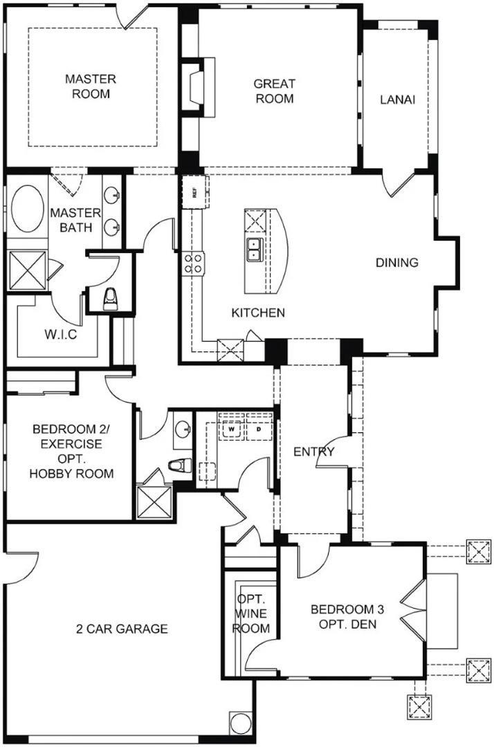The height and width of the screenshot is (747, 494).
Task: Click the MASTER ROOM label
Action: click(x=91, y=86)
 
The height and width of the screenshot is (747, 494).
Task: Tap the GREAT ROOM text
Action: click(x=274, y=91)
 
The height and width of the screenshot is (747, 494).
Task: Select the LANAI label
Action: click(x=397, y=100)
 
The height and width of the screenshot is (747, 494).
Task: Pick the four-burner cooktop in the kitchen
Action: click(x=193, y=262)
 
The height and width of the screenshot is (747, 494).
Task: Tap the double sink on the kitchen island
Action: click(x=254, y=249)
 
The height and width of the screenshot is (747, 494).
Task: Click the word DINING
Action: click(x=397, y=263)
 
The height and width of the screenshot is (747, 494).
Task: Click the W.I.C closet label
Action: click(x=62, y=335)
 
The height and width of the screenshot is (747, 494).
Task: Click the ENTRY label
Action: click(x=313, y=452)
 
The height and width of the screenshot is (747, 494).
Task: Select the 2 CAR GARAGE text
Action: click(x=122, y=629)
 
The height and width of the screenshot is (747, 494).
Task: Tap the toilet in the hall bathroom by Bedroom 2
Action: click(x=181, y=466)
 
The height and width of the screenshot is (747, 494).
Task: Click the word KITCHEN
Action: click(x=258, y=313)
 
